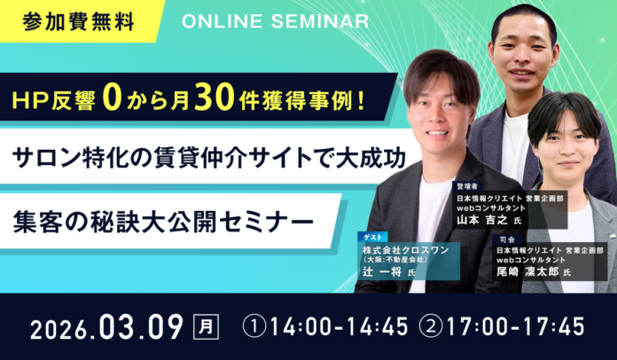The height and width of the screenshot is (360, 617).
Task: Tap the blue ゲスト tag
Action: pyautogui.click(x=371, y=237)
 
